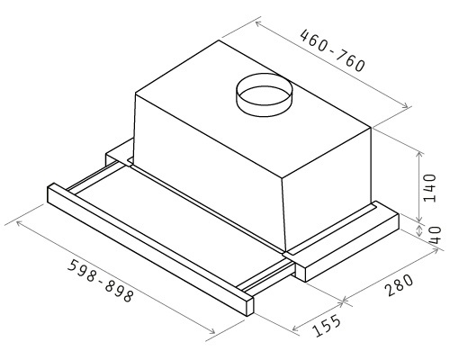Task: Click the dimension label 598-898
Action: point(99,281)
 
